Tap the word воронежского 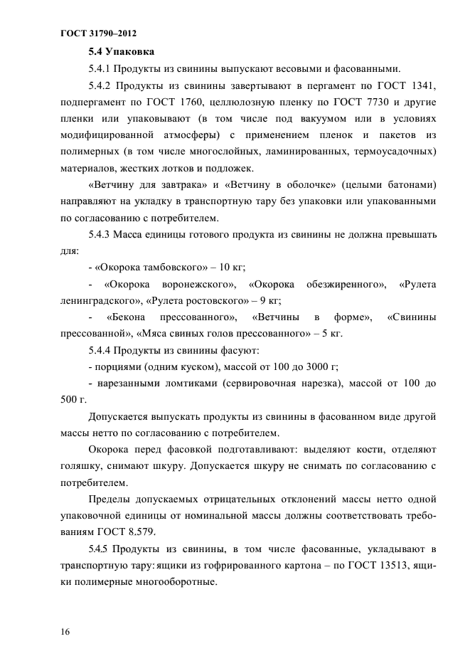pyautogui.click(x=193, y=285)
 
